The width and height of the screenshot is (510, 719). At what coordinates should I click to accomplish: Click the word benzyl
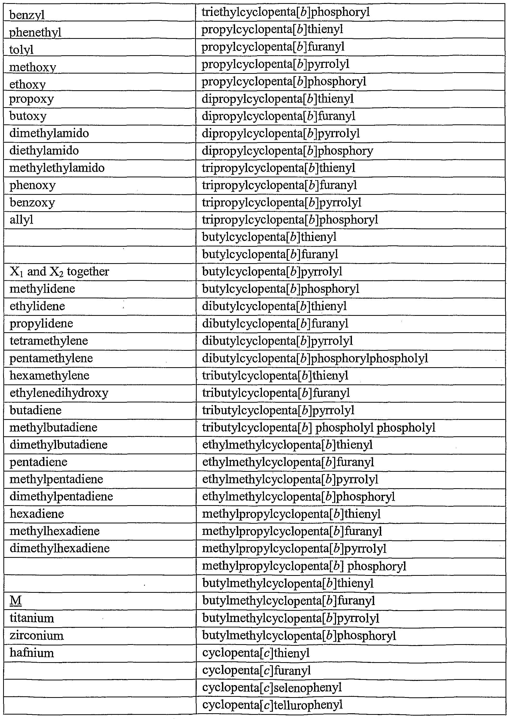point(27,15)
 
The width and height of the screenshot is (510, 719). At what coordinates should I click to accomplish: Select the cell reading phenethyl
point(35,32)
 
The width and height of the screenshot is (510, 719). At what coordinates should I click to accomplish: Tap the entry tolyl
point(21,50)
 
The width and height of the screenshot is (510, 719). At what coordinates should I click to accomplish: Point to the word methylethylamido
point(57,168)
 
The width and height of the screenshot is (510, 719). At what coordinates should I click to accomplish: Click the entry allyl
point(21,220)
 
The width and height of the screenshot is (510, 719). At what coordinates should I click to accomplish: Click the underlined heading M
point(16,601)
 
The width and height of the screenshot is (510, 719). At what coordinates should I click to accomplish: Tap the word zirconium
point(37,636)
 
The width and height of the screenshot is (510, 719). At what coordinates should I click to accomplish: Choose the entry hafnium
point(32,653)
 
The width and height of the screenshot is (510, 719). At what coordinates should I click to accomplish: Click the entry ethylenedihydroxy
point(59,393)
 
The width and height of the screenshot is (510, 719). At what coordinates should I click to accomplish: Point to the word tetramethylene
point(49,341)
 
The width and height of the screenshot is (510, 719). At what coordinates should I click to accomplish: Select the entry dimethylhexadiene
point(60,548)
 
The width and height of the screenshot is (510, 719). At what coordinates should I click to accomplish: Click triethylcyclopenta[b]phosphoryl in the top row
point(285,12)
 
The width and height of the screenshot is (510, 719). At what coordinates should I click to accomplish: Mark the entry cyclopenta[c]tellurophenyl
point(272,705)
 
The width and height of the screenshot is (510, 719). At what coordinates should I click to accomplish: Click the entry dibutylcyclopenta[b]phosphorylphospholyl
point(315,358)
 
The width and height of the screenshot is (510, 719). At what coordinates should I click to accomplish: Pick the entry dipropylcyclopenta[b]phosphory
point(287,151)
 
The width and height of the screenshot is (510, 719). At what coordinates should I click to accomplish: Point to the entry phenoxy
point(32,185)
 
